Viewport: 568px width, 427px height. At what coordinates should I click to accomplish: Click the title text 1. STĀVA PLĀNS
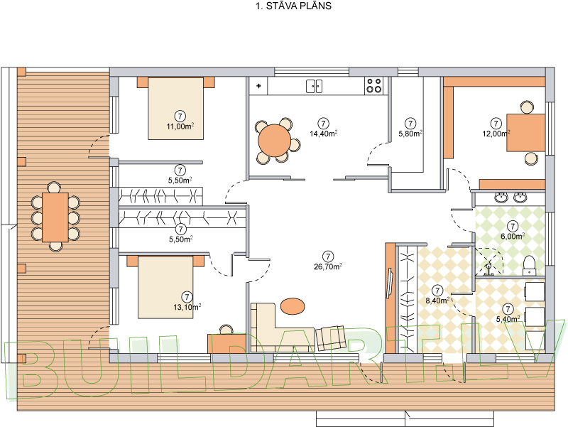(x=293, y=6)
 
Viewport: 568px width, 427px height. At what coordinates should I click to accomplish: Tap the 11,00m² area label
(x=180, y=126)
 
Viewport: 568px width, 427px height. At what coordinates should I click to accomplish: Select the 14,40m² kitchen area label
(x=324, y=133)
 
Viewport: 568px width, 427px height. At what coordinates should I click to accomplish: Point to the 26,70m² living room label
(x=328, y=266)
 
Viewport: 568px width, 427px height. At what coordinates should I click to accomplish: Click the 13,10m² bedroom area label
(x=187, y=307)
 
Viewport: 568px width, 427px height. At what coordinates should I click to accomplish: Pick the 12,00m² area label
(x=496, y=134)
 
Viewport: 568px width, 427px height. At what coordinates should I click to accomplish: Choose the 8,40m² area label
(x=437, y=300)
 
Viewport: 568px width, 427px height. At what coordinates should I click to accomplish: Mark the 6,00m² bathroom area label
(x=513, y=237)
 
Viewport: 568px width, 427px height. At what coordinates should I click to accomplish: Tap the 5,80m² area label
(x=410, y=134)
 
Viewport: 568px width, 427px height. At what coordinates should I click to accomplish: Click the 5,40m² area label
(x=508, y=319)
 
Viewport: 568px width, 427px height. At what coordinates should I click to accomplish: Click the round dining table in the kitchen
(x=275, y=141)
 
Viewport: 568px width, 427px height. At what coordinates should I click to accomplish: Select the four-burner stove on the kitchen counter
(x=374, y=86)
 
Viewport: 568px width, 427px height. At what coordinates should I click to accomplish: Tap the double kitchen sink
(x=314, y=86)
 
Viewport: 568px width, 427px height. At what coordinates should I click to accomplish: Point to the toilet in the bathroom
(x=529, y=265)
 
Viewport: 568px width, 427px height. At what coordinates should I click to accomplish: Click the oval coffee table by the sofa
(x=293, y=306)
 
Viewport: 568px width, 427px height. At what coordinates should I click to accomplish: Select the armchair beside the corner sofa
(x=331, y=337)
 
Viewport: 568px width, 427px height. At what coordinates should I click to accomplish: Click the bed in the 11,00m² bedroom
(x=175, y=108)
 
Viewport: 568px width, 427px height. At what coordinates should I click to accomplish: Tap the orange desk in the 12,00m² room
(x=526, y=132)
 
